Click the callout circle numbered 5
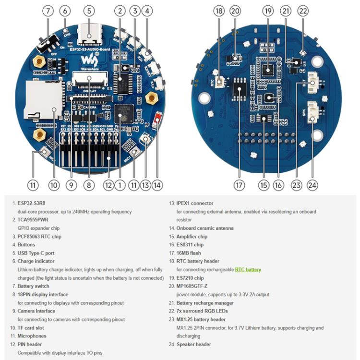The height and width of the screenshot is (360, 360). pos(89,10)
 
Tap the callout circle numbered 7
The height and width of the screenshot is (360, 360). pos(48,10)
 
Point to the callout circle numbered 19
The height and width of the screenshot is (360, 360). pos(268,10)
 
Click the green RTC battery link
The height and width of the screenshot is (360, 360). pos(248,270)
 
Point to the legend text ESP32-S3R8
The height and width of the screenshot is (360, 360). pos(33,204)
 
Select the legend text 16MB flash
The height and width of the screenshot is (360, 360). pos(189,253)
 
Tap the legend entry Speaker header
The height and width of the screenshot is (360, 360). pos(193,344)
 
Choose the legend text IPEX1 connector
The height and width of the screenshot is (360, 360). pos(195,204)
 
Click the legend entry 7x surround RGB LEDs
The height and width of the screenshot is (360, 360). pos(202,311)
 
